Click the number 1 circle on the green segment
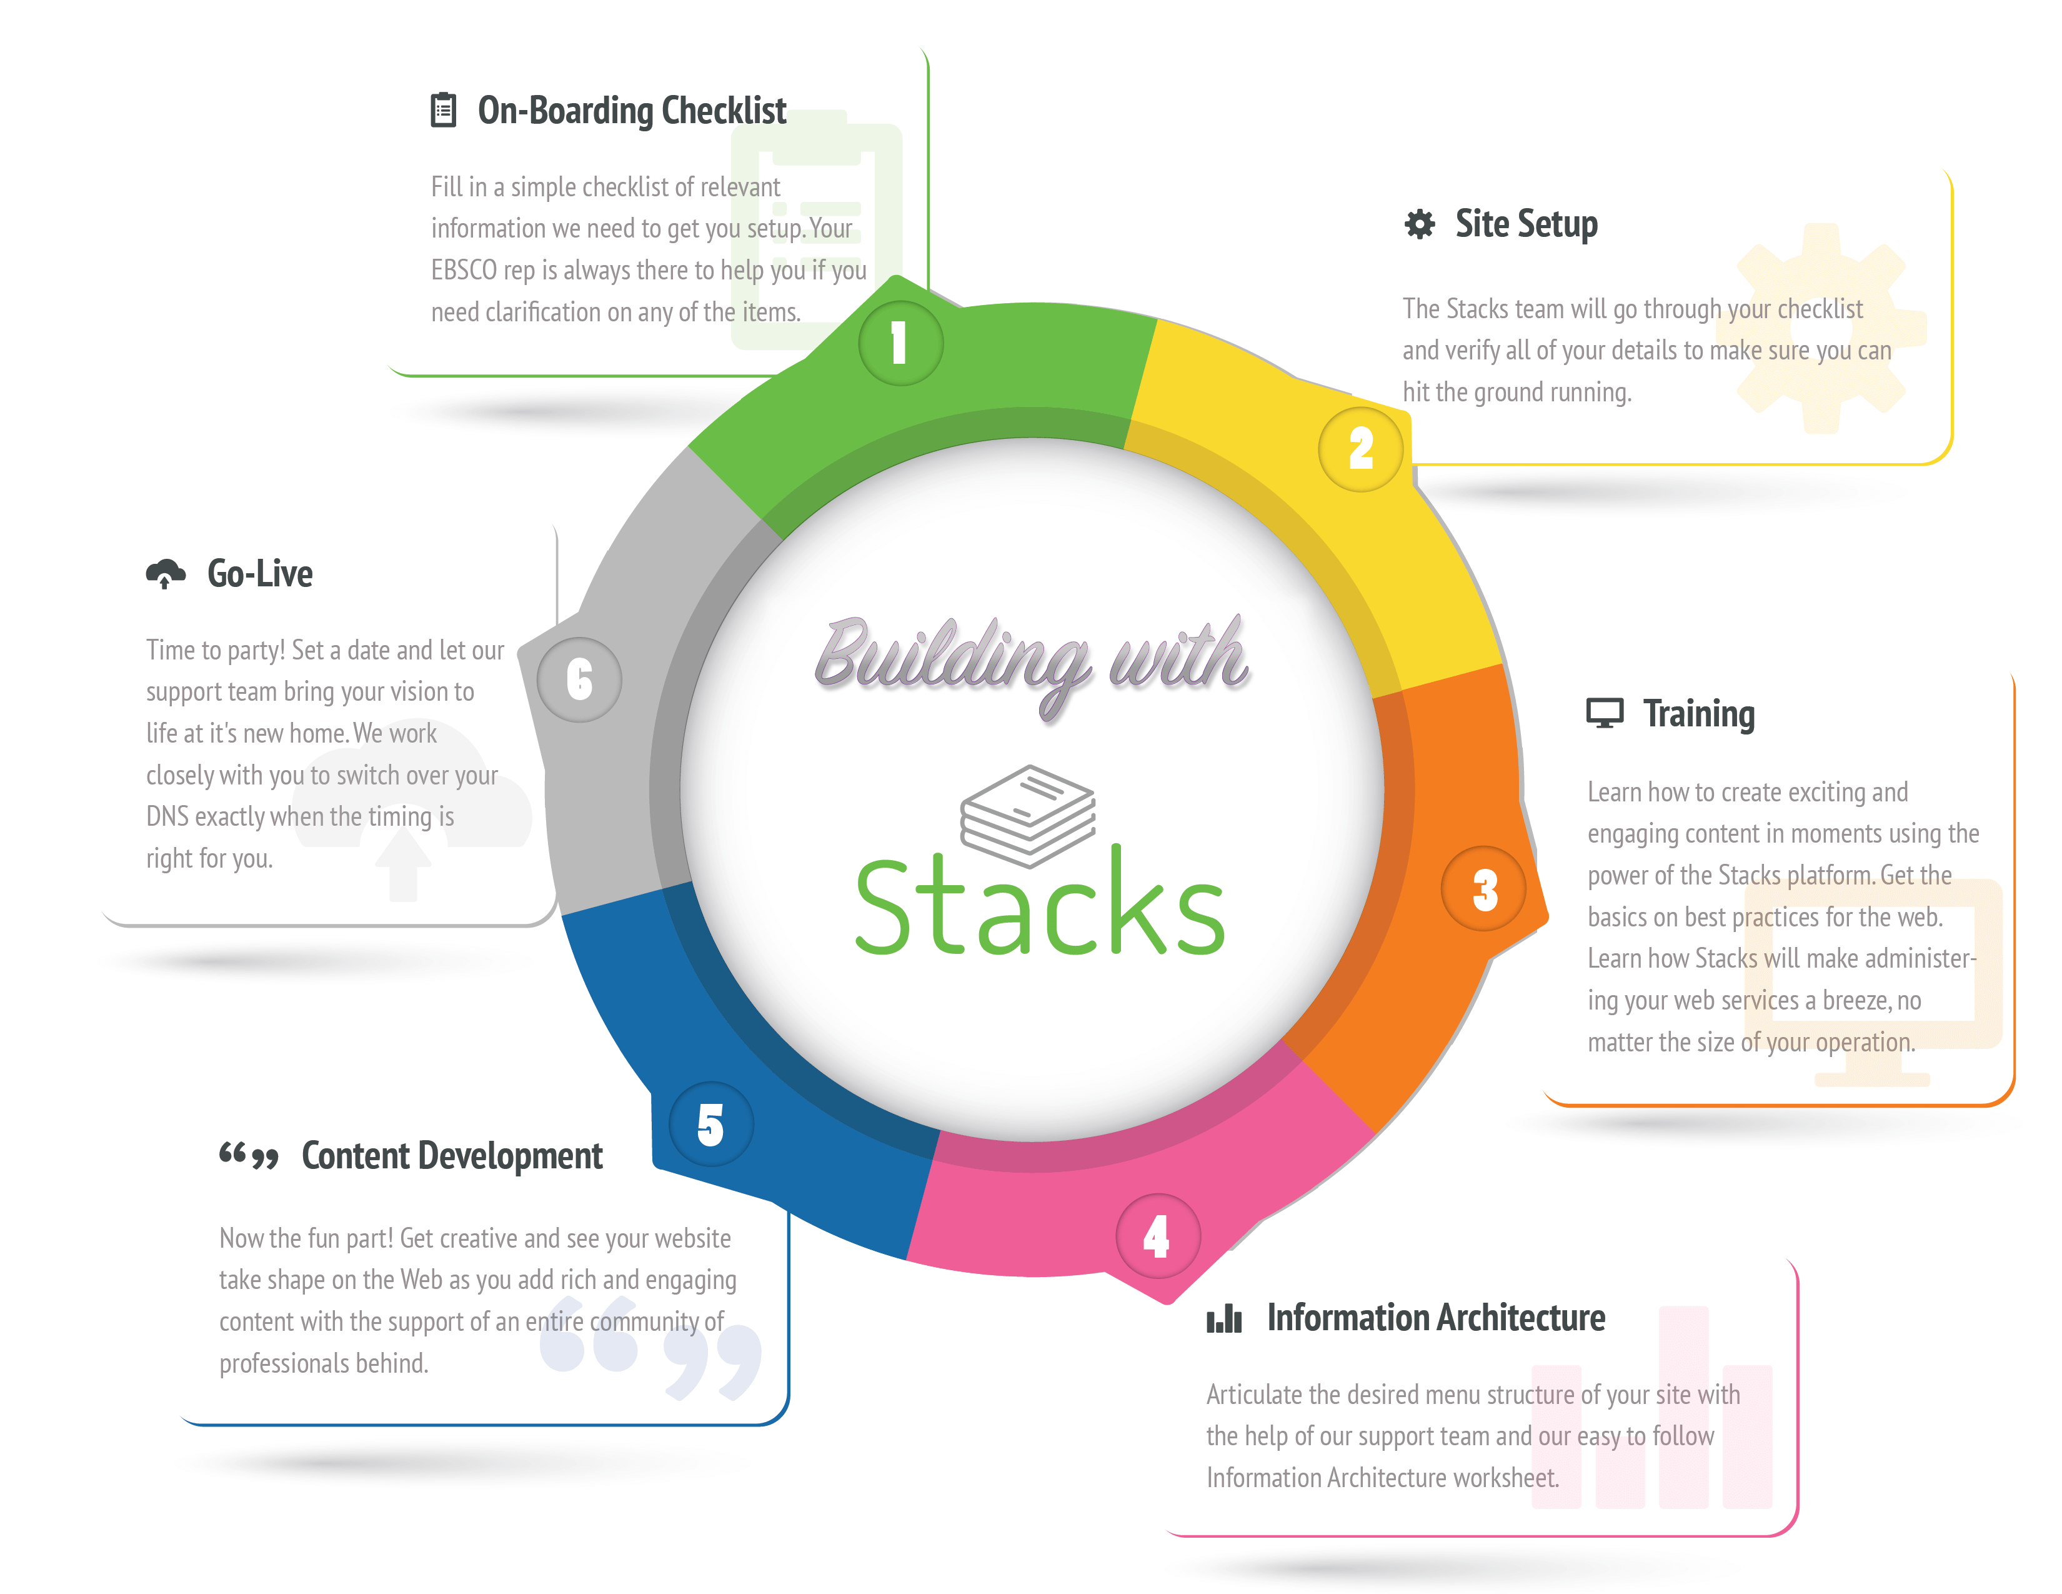pos(900,344)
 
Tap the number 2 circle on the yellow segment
pos(1360,449)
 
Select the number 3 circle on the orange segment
pos(1483,889)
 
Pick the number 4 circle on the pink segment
pos(1157,1235)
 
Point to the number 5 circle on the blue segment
pos(711,1124)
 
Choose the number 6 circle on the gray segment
pos(579,679)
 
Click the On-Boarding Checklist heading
pos(632,111)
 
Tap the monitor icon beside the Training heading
pos(1604,714)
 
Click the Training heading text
pos(1698,714)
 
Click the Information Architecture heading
pos(1435,1317)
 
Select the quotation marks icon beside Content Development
pos(248,1156)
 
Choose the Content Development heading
pos(451,1156)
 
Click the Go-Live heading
pos(260,573)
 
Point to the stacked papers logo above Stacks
pos(1028,814)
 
